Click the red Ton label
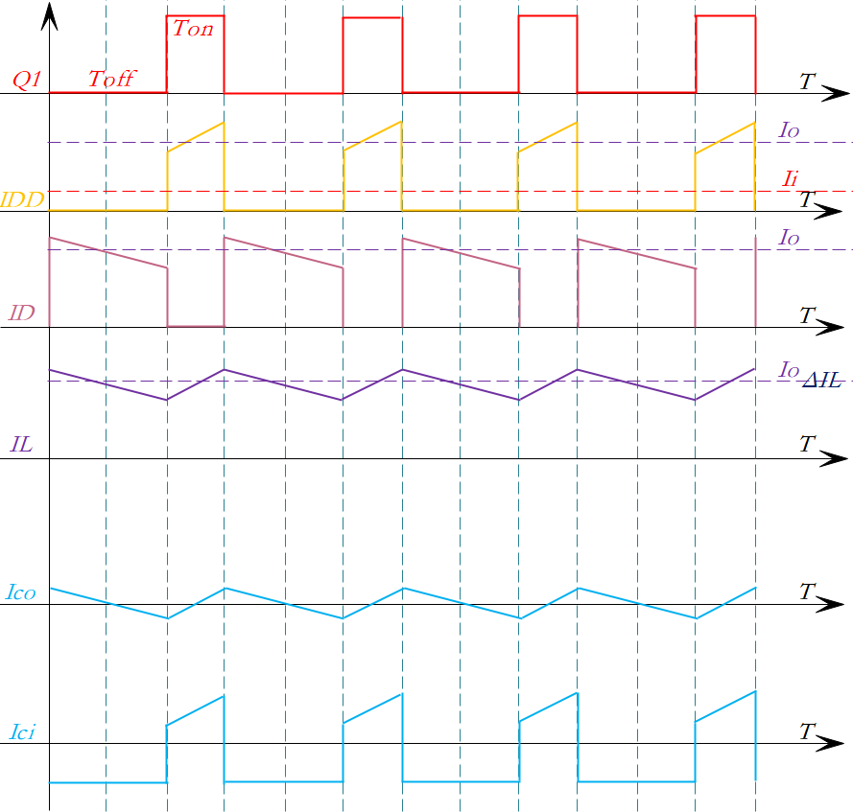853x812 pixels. (x=193, y=29)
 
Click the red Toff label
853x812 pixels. (x=112, y=81)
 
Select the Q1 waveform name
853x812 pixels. (x=24, y=81)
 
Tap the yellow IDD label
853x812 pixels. (x=22, y=200)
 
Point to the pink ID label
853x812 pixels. (x=21, y=313)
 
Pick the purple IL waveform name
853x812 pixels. (x=21, y=444)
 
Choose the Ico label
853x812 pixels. (x=20, y=593)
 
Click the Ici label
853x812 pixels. (x=21, y=733)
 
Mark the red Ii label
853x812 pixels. (x=791, y=178)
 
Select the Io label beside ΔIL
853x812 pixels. (x=789, y=369)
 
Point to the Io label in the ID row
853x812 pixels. (x=789, y=236)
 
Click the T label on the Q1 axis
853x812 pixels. (x=808, y=82)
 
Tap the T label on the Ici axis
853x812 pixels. (x=808, y=732)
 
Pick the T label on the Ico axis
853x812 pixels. (x=808, y=592)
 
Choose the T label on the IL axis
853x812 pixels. (x=808, y=444)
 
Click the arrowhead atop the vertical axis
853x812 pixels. (x=50, y=13)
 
